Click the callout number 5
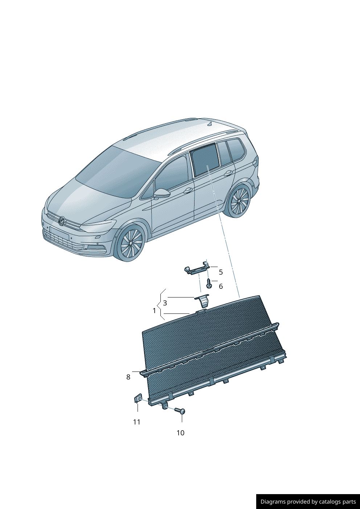point(221,272)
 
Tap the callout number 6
point(221,286)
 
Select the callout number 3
point(165,303)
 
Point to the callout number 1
point(154,311)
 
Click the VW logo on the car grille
point(62,221)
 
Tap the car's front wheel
point(131,243)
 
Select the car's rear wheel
point(239,201)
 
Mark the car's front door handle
point(188,190)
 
